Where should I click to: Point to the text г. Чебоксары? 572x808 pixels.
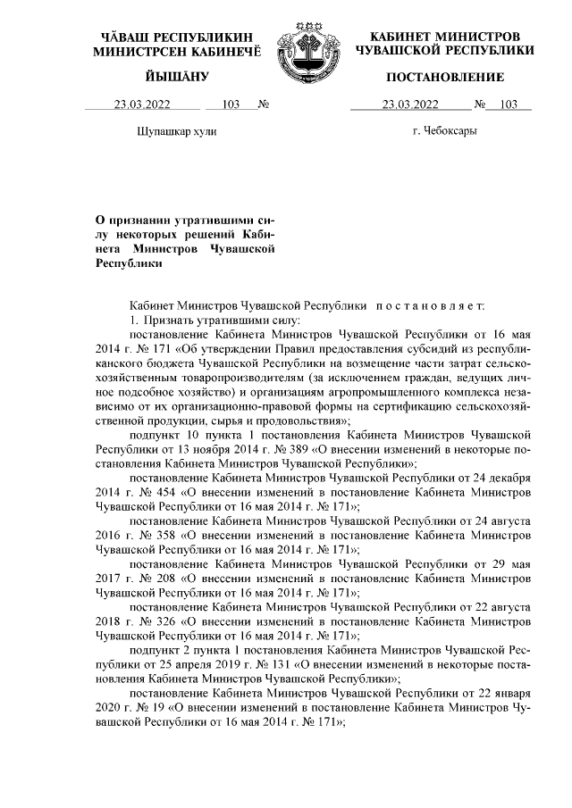[444, 131]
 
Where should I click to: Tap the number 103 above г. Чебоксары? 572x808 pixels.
[509, 104]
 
